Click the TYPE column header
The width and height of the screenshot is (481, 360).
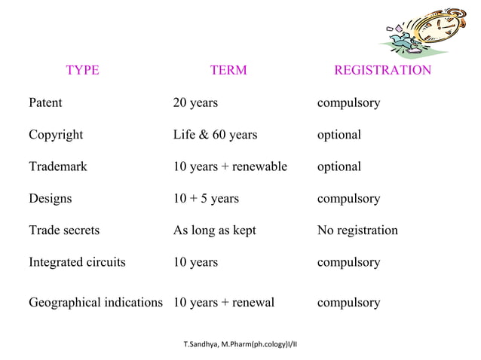point(82,71)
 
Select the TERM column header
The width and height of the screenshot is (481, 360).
point(228,71)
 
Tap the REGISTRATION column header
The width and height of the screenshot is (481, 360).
point(382,71)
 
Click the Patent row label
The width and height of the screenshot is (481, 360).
point(45,102)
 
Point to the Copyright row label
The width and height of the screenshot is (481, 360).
point(56,135)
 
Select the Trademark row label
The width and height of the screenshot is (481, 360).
point(57,166)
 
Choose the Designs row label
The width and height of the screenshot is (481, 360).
point(51,199)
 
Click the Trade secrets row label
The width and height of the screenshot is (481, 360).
point(64,230)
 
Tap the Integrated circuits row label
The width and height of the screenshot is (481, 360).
point(77,263)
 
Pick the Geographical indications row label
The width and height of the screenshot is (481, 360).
point(96,303)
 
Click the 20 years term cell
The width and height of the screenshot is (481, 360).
point(195,102)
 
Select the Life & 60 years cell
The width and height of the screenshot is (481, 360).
point(215,135)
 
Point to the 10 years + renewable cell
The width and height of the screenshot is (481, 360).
point(230,166)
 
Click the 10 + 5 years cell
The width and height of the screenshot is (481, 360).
point(206,199)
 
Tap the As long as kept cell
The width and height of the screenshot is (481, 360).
point(214,230)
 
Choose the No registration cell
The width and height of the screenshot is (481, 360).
point(357,230)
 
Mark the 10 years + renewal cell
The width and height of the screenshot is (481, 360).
point(224,303)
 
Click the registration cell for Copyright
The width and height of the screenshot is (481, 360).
point(339,135)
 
